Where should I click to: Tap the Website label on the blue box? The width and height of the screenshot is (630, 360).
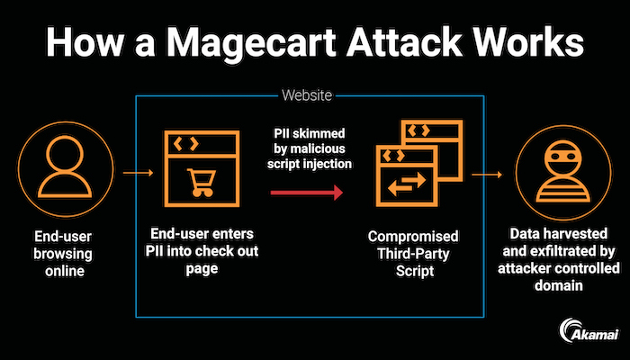pyautogui.click(x=307, y=94)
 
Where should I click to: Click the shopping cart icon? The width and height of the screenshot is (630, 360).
pyautogui.click(x=196, y=181)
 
